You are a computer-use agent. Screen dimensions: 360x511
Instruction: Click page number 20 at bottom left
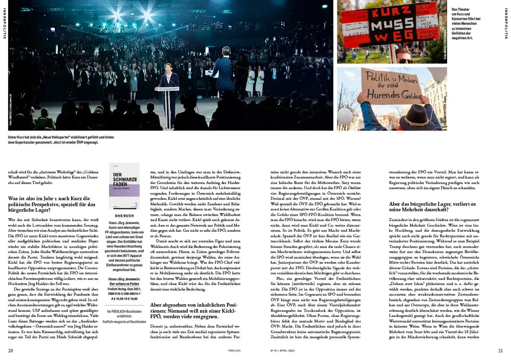pos(11,351)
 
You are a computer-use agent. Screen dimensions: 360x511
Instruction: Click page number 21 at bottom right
pos(500,351)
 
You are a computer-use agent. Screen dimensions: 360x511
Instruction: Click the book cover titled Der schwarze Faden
pos(124,186)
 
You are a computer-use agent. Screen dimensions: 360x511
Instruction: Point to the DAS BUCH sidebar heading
pos(124,216)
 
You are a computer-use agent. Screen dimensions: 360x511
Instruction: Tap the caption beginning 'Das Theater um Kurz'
pos(466,23)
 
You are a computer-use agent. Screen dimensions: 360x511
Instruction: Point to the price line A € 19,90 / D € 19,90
pos(124,299)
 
